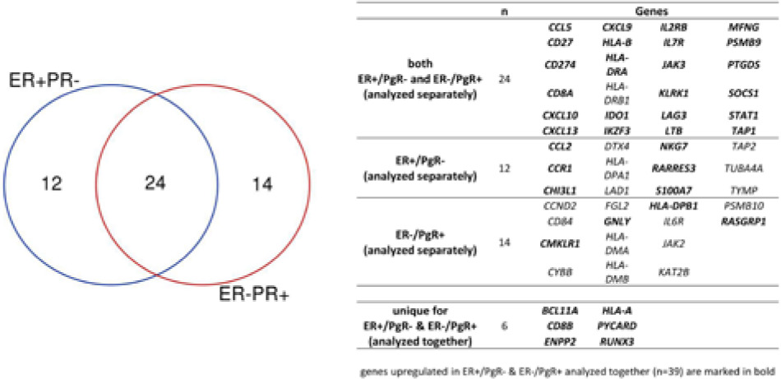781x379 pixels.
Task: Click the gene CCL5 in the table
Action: (x=561, y=27)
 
